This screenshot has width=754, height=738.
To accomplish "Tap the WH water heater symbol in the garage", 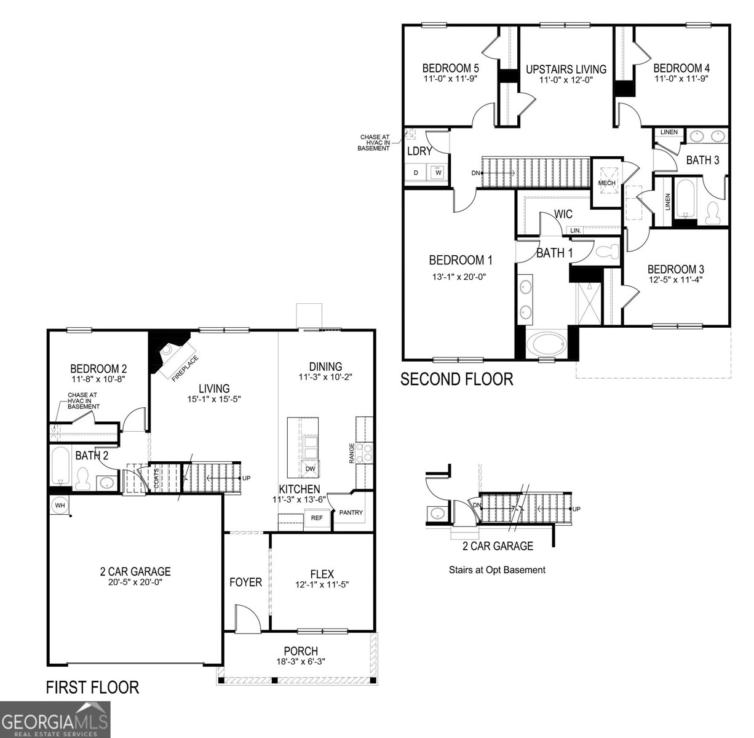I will (x=60, y=505).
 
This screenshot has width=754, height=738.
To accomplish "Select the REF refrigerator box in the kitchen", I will (x=317, y=518).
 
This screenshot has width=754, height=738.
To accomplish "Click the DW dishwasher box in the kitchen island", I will (x=310, y=469).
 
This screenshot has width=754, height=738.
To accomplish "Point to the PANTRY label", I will (x=351, y=512).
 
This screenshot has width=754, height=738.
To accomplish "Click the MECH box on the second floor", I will (x=606, y=183).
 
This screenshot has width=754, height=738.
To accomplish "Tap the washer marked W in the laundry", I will (x=438, y=173).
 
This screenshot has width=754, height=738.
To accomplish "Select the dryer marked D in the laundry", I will (x=416, y=173).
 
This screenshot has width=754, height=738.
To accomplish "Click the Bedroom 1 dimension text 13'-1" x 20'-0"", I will (x=459, y=277).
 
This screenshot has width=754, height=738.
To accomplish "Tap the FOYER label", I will (x=245, y=582).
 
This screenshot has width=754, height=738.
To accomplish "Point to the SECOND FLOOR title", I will (x=456, y=379).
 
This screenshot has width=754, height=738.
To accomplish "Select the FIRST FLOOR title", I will (x=92, y=687).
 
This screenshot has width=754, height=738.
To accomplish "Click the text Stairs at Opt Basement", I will (x=497, y=569).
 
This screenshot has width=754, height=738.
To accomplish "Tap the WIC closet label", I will (x=563, y=215).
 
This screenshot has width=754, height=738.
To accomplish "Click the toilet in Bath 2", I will (x=83, y=478).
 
